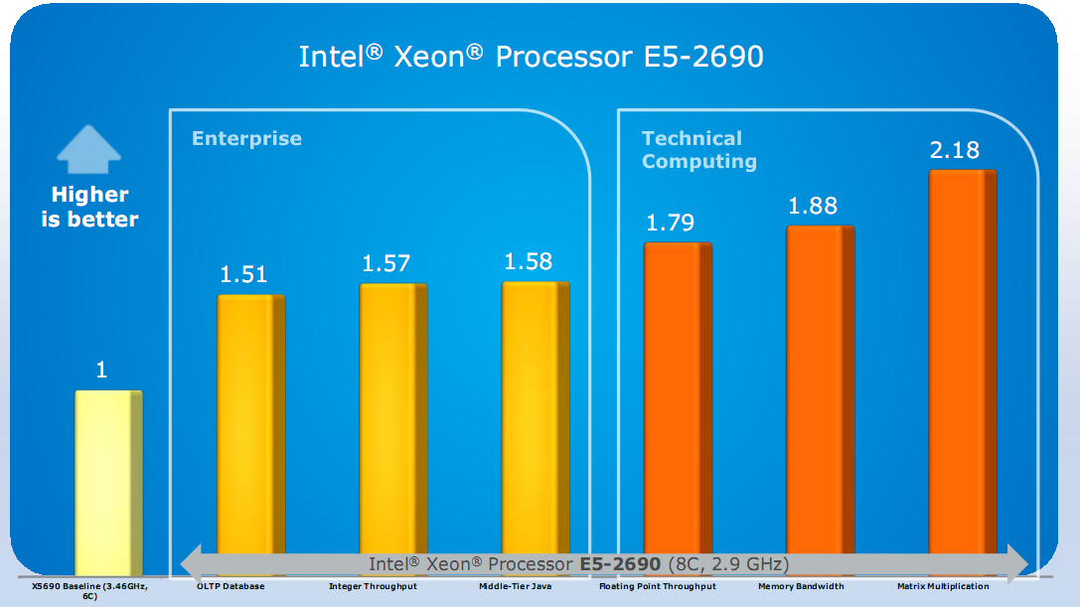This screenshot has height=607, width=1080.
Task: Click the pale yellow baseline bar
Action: pyautogui.click(x=109, y=482)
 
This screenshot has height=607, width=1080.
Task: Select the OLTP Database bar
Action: pyautogui.click(x=250, y=427)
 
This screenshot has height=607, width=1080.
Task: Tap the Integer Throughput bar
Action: pyautogui.click(x=392, y=422)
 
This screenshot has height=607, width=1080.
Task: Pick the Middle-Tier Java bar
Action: pyautogui.click(x=535, y=421)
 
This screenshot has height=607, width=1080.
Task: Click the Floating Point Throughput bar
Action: pyautogui.click(x=678, y=397)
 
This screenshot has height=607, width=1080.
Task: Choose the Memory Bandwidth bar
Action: pyautogui.click(x=820, y=392)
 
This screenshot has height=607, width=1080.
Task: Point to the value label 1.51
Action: pyautogui.click(x=243, y=274)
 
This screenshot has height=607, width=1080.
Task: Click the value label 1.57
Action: pyautogui.click(x=386, y=263)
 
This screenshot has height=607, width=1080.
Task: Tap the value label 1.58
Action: pyautogui.click(x=528, y=262)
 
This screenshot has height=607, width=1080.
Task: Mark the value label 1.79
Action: pyautogui.click(x=671, y=223)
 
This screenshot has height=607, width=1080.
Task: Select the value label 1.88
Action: pyautogui.click(x=813, y=206)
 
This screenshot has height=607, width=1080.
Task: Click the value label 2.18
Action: pyautogui.click(x=955, y=150)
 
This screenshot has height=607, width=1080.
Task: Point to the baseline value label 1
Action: pyautogui.click(x=101, y=371)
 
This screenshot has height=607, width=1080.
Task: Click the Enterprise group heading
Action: pyautogui.click(x=246, y=138)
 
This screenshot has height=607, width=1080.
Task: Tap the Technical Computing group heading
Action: pyautogui.click(x=698, y=149)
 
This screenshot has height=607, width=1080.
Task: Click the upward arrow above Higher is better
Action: pyautogui.click(x=89, y=149)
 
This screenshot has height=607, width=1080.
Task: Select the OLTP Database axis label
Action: pyautogui.click(x=231, y=586)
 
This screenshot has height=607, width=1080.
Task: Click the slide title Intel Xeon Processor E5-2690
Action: pyautogui.click(x=531, y=56)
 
